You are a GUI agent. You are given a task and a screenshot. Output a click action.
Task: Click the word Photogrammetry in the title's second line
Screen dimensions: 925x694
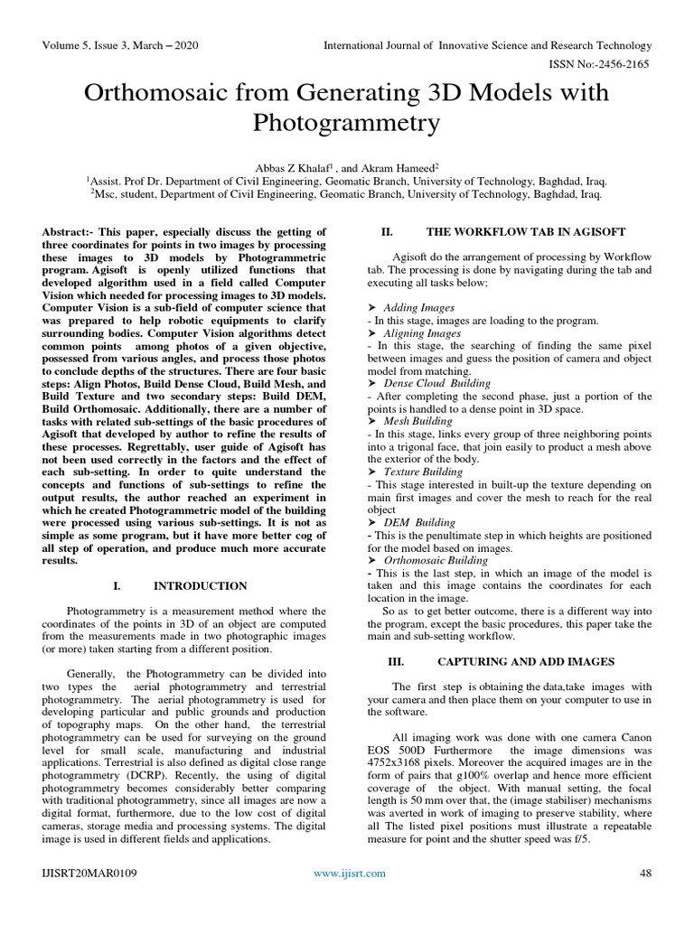[347, 122]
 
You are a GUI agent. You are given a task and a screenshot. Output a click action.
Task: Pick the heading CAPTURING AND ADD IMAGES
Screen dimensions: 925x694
[526, 662]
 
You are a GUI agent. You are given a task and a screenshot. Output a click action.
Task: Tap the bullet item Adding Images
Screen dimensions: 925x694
[419, 308]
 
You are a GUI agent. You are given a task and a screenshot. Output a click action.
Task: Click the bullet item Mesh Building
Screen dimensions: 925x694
[418, 422]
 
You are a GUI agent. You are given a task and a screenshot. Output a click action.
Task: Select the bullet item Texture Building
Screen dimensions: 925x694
[424, 472]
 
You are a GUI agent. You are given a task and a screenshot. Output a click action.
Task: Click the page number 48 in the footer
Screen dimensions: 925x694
[645, 874]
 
